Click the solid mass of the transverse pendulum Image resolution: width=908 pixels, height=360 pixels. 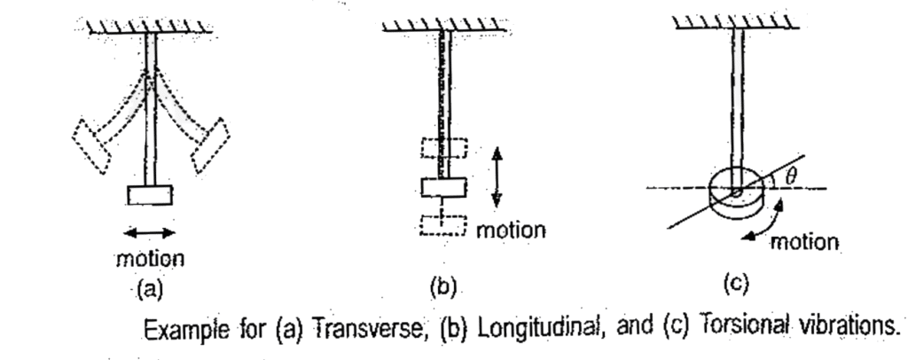[151, 194]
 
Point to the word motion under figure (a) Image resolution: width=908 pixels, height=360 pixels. [151, 259]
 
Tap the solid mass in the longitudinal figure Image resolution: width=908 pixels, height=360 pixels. [443, 187]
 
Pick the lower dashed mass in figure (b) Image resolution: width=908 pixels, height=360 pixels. [443, 225]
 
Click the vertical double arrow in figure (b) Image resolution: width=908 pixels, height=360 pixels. [497, 176]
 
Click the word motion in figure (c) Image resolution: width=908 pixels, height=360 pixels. [803, 242]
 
